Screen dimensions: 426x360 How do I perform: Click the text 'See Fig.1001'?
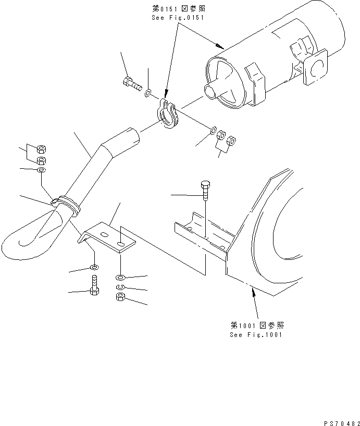coord(256,334)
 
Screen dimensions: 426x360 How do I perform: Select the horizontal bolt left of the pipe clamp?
coord(133,84)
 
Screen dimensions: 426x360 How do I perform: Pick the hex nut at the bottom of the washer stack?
coord(120,297)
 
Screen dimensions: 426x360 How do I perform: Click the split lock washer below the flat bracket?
coord(120,287)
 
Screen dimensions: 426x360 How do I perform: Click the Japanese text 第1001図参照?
coord(256,324)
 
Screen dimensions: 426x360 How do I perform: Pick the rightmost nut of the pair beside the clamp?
coord(232,139)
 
